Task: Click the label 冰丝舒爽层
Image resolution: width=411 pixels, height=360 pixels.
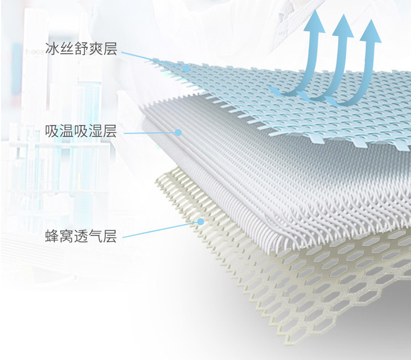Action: pos(81,49)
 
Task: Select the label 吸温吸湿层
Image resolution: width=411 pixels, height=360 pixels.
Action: pos(81,133)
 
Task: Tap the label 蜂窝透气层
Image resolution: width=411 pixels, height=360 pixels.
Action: pos(81,236)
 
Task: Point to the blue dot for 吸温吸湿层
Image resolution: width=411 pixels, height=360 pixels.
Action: pos(178,133)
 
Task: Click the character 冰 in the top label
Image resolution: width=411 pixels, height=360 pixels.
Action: pos(52,49)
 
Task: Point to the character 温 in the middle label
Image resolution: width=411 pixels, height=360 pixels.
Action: pos(66,133)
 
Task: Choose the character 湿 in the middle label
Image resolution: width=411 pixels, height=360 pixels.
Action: pos(95,133)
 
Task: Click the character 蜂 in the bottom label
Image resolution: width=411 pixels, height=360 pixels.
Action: pos(52,236)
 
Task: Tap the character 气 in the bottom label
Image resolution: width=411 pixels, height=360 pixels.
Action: pos(95,236)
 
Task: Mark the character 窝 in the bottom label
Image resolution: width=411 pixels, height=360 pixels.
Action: pos(66,236)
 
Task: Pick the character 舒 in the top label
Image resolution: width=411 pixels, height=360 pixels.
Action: pos(81,49)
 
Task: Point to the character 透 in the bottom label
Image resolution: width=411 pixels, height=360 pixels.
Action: pos(81,236)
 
